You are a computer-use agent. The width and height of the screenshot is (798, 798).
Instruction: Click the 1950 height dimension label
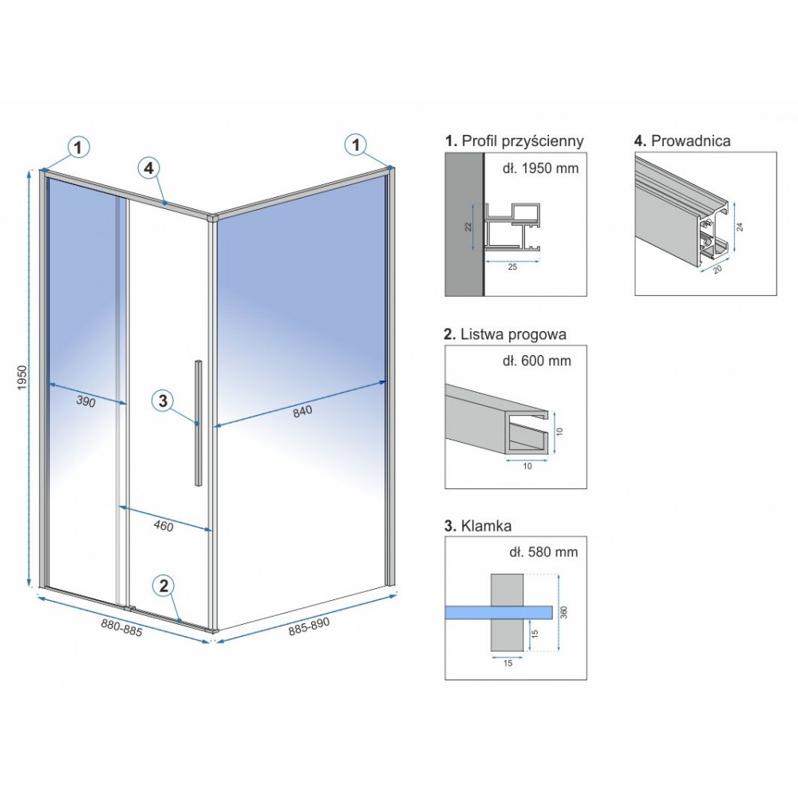(22, 378)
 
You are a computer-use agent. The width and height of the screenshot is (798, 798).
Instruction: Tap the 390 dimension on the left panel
(85, 401)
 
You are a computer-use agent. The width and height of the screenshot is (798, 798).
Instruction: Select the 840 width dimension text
(302, 411)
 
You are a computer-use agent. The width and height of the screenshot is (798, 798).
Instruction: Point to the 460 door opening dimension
(164, 525)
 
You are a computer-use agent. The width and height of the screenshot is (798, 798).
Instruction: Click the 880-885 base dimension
(121, 627)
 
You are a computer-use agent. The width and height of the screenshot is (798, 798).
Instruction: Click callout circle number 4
(148, 168)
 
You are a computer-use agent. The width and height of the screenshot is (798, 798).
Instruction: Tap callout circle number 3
(163, 401)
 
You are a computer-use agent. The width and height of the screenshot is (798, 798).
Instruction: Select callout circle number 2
(164, 586)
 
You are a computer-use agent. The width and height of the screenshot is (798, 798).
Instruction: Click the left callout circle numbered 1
(78, 148)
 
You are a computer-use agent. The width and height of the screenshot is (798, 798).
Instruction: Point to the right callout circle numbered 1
(356, 145)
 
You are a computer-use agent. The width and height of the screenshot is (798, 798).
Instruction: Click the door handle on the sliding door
(197, 422)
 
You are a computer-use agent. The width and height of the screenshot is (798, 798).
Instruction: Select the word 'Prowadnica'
(690, 140)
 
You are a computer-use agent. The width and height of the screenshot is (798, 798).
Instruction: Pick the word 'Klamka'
(486, 526)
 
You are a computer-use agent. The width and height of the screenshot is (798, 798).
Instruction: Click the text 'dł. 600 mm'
(537, 361)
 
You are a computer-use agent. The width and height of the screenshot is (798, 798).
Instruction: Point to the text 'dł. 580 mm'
(543, 551)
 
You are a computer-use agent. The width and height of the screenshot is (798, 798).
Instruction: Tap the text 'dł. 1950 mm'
(540, 168)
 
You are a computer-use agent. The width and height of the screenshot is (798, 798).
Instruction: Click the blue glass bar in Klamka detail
(499, 612)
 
